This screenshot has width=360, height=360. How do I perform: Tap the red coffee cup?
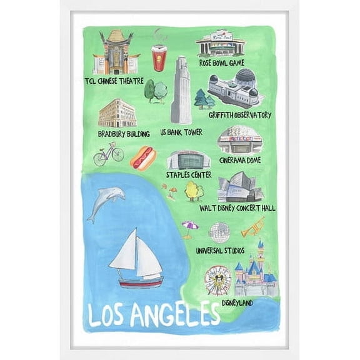point(159,58)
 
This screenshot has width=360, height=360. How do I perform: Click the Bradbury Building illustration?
point(117,113)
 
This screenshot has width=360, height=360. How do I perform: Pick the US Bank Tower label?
point(181,133)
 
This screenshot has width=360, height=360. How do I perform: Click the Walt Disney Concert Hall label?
point(237,207)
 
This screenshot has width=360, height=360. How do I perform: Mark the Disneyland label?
point(237,303)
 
